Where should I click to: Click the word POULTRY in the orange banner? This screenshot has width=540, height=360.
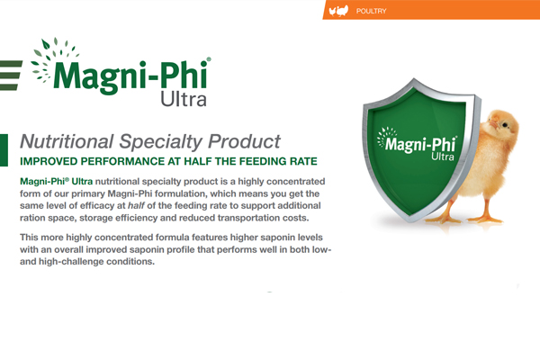click(371, 11)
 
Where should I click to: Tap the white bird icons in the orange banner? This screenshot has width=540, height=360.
click(339, 11)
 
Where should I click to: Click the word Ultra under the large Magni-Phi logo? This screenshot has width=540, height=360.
click(184, 99)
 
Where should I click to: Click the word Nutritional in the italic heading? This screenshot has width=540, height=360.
click(67, 141)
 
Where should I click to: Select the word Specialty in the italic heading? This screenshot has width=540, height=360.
click(161, 142)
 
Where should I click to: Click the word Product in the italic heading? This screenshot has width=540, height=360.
click(244, 141)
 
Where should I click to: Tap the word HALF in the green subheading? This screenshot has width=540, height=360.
click(198, 161)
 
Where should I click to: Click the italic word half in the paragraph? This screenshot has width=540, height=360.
click(136, 206)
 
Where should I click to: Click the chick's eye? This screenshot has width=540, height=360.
click(505, 125)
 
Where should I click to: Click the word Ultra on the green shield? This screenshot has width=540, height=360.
click(443, 157)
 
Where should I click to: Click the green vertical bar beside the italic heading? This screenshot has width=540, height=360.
click(4, 150)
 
